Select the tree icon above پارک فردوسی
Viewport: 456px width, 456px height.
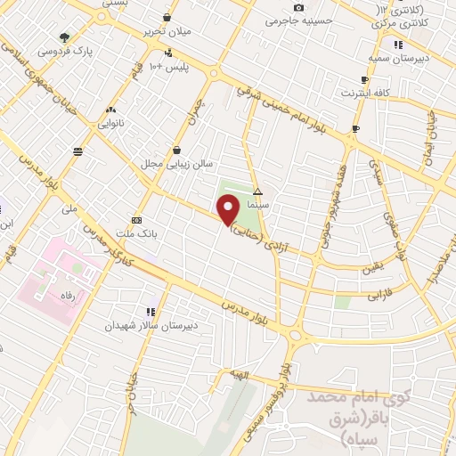coord(65,38)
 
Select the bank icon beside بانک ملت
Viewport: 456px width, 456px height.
coord(136,219)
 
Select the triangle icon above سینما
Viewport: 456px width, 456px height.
coord(257,191)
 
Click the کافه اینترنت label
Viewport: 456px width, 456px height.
coord(364,93)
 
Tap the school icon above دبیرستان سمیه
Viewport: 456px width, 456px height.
coord(398,44)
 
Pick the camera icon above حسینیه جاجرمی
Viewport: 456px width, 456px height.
coord(298,8)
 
